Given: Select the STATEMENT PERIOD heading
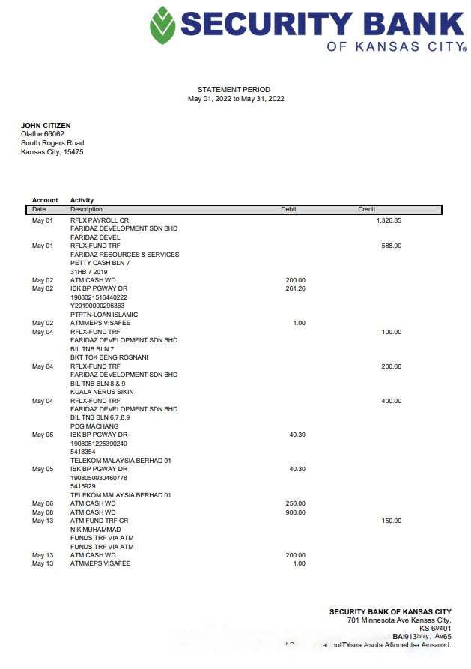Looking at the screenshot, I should [x=234, y=90].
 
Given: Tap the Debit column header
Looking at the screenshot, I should [x=288, y=210].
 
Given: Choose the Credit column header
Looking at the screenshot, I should [x=366, y=210].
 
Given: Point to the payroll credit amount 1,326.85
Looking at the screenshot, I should [x=389, y=220].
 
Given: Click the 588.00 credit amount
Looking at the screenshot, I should [x=391, y=246].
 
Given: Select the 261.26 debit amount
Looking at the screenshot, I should [x=295, y=288].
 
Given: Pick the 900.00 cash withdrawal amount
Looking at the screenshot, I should [x=295, y=512].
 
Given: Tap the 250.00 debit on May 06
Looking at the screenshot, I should [x=295, y=503].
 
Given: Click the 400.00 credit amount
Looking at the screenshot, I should [x=391, y=401].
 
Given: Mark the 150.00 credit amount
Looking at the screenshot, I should [x=391, y=521].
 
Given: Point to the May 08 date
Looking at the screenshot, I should [x=43, y=512].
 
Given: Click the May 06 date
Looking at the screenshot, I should [x=43, y=503].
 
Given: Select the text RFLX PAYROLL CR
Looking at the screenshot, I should [x=100, y=220].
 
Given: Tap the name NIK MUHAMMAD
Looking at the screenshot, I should [x=95, y=530].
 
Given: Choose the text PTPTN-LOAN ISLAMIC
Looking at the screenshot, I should [x=103, y=315].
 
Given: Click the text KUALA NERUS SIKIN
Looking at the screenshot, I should [x=102, y=392].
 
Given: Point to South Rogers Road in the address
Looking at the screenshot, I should [x=52, y=143].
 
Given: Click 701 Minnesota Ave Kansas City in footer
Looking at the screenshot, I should [x=399, y=620].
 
